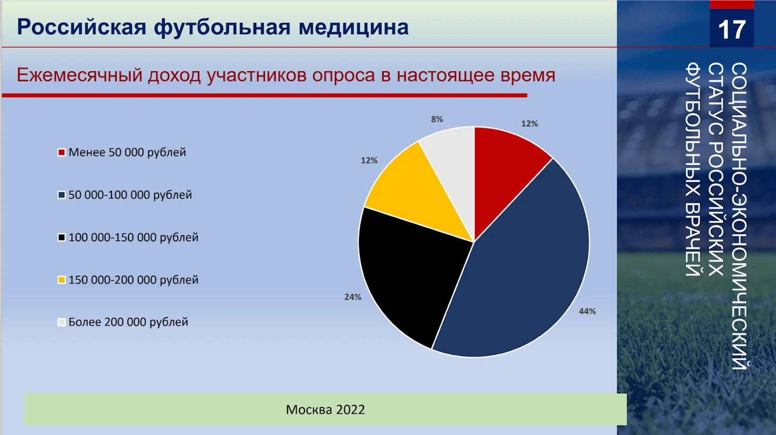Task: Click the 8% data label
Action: (x=437, y=119)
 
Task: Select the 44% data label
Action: (x=587, y=311)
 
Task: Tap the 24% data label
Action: (x=353, y=297)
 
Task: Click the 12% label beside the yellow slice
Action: (x=369, y=160)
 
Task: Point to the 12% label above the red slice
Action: (x=529, y=124)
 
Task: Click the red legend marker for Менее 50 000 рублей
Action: (x=61, y=152)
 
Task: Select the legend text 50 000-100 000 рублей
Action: (x=130, y=195)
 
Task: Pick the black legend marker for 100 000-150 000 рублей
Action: (x=61, y=238)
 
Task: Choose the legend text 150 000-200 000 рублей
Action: (x=133, y=279)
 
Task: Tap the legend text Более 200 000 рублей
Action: (x=128, y=322)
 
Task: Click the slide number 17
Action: (x=732, y=30)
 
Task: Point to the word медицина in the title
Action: (x=353, y=28)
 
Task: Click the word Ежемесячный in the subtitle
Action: (x=79, y=75)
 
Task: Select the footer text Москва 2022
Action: (x=325, y=410)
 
